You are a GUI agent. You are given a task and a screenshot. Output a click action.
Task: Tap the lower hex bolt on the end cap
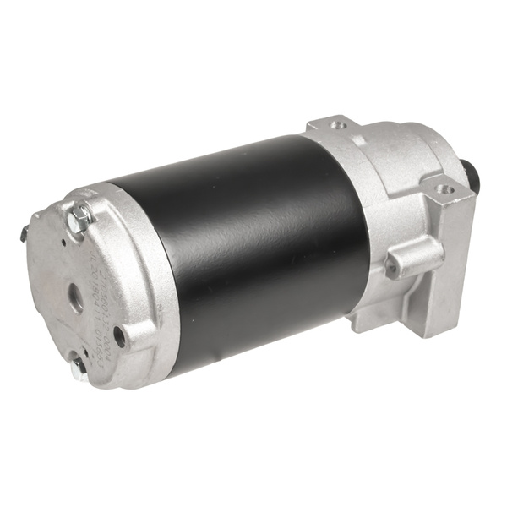[x=78, y=364]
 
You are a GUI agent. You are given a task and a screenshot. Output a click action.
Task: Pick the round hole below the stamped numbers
[x=119, y=335]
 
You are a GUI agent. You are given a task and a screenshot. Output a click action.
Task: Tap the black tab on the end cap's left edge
[x=25, y=232]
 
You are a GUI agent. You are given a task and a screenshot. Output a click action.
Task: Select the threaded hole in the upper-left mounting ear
[x=340, y=125]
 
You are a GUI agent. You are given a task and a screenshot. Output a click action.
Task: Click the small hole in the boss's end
[x=392, y=269]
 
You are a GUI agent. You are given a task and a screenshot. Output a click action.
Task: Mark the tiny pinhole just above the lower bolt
[x=68, y=347]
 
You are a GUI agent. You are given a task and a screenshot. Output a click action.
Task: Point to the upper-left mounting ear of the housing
[x=334, y=127]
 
